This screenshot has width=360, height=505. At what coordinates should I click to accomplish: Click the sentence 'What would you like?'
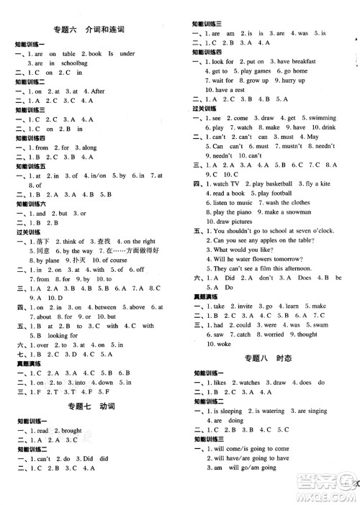click(x=245, y=249)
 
